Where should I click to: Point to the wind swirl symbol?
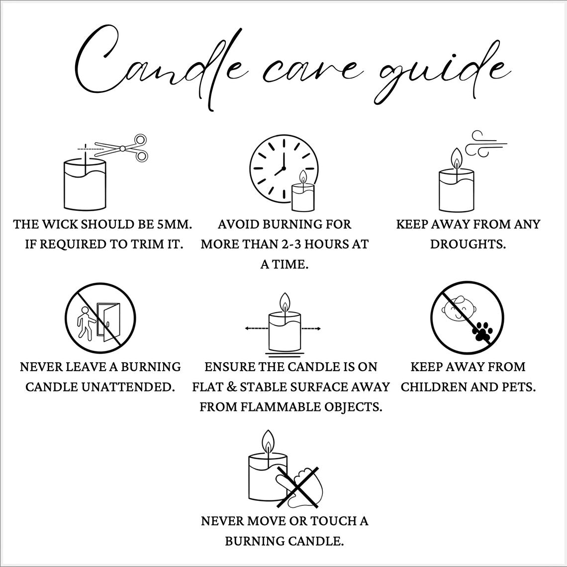485,144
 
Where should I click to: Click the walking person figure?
86,323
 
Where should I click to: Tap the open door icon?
109,322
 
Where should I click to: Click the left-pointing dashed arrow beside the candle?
257,328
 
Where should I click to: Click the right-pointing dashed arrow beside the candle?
311,328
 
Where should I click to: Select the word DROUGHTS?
468,244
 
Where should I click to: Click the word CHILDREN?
437,387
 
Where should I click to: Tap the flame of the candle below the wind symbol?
457,159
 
